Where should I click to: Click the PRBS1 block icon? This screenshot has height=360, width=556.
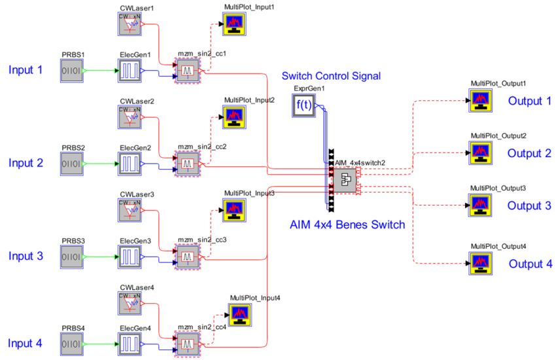72,70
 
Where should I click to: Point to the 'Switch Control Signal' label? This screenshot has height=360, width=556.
331,77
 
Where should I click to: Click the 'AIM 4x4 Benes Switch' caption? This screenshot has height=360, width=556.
347,225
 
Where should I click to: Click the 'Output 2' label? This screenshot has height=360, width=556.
530,153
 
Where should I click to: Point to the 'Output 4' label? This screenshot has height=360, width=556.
530,264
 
